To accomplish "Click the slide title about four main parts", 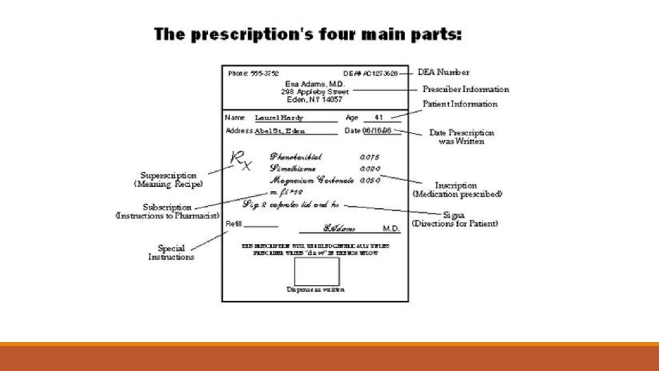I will (x=308, y=34).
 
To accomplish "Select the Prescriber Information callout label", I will (x=465, y=89).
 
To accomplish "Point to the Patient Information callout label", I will (x=460, y=104).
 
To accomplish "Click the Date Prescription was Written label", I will (x=461, y=137).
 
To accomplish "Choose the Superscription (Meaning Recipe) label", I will (x=168, y=179).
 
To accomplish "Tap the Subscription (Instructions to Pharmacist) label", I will (x=167, y=211).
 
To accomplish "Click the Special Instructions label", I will (x=171, y=252).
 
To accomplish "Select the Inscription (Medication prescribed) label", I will (x=457, y=190).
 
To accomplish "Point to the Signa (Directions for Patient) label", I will (x=454, y=219).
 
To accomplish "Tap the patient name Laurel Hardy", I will (x=279, y=118).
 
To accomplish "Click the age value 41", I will (x=378, y=117).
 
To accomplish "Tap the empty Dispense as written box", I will (x=316, y=271).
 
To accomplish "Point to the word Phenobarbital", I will (x=295, y=157).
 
